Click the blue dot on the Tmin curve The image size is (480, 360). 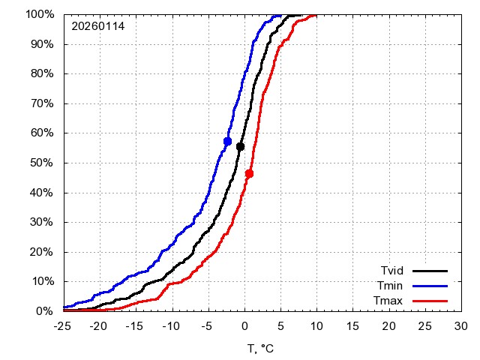click(227, 141)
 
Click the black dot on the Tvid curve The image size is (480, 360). click(240, 146)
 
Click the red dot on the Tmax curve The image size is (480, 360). click(249, 173)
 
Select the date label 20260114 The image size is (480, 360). click(98, 26)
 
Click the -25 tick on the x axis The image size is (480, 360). click(63, 327)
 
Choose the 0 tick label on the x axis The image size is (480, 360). click(244, 327)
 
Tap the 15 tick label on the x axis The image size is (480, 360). click(352, 327)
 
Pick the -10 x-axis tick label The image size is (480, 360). click(171, 327)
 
